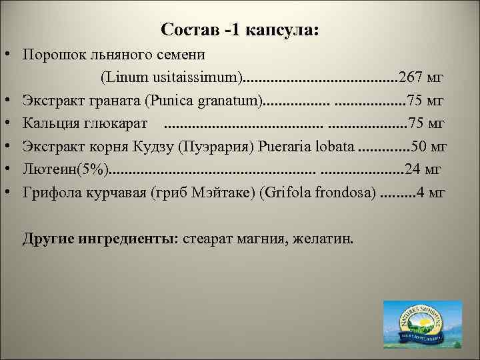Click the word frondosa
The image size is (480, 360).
337,193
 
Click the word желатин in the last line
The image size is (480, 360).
327,239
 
